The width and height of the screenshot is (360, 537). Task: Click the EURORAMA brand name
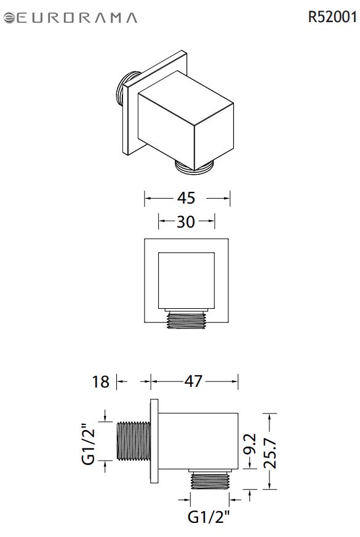(77, 18)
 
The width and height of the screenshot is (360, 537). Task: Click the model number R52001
(332, 17)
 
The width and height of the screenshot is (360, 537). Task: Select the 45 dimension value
(186, 198)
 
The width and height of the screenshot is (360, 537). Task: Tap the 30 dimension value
(186, 222)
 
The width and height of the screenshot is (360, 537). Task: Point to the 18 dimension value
(100, 382)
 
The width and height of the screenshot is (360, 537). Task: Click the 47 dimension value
(193, 381)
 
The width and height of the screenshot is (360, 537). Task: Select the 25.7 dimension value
(270, 453)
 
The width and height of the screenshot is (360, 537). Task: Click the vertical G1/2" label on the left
(89, 444)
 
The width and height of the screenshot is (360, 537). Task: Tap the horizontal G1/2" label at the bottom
(208, 517)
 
